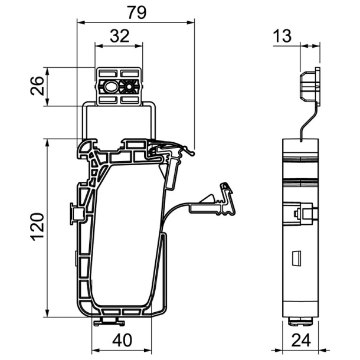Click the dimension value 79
tap(137, 12)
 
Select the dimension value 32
tap(120, 36)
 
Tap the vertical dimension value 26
tap(37, 86)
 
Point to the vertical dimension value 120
tap(37, 227)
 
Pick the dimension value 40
tap(122, 340)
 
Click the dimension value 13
tap(282, 36)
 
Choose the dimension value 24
tap(301, 340)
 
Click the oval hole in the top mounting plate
tap(110, 87)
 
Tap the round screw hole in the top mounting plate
tap(129, 87)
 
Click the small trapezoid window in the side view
tap(296, 258)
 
